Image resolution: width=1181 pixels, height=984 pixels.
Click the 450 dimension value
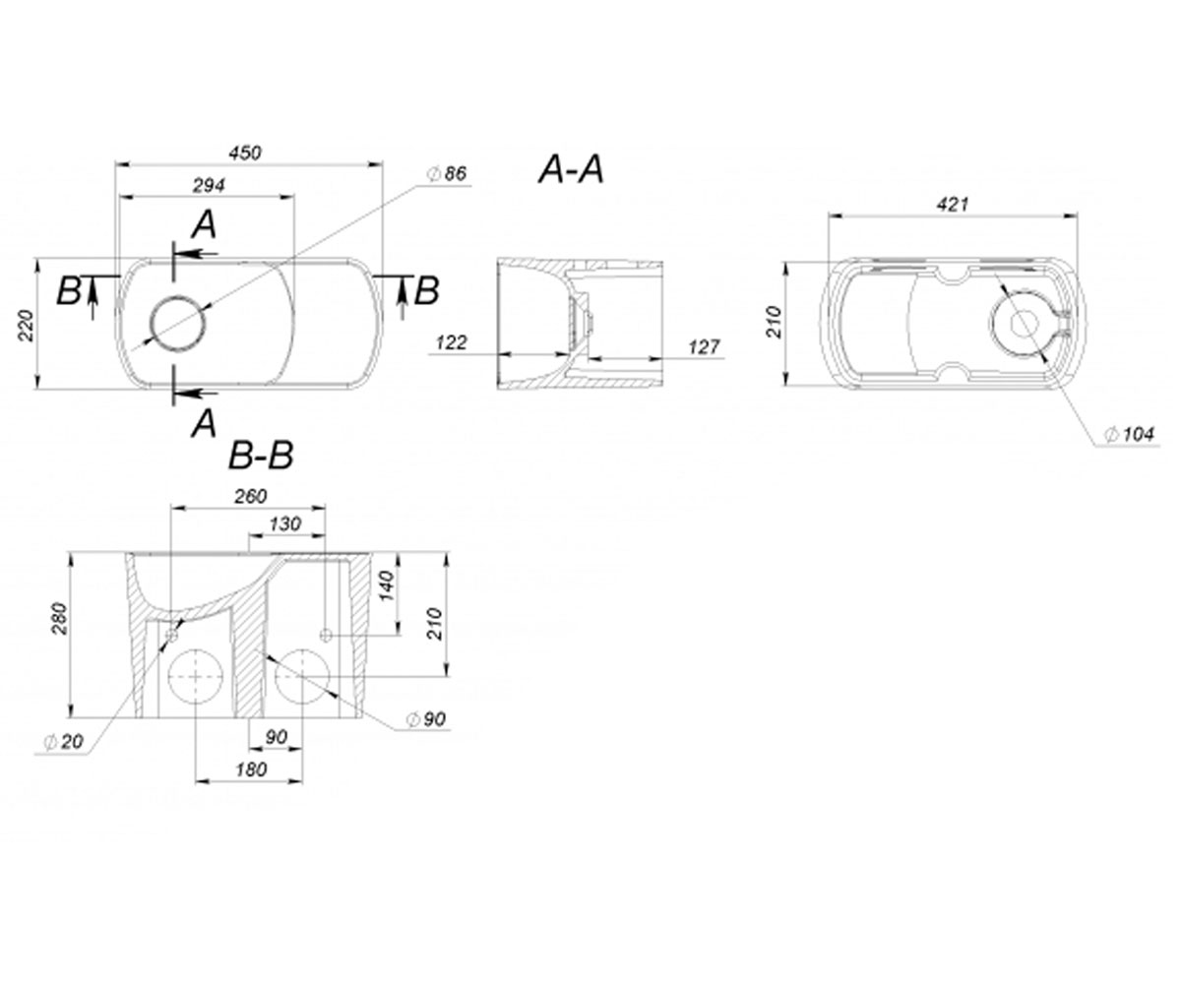tap(245, 153)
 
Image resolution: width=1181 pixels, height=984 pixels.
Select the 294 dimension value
tap(209, 185)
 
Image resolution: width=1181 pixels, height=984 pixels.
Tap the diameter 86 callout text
tap(448, 173)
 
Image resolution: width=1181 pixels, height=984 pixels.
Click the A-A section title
tap(571, 169)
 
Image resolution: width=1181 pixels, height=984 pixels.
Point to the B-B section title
tap(262, 456)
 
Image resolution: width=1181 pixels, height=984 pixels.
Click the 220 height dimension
tap(26, 325)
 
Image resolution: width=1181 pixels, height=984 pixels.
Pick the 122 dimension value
tap(452, 342)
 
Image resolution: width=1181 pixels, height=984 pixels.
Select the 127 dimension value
tap(704, 346)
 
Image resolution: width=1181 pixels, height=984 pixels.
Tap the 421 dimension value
tap(953, 204)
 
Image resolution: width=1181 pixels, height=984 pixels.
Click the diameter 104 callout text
tap(1129, 434)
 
